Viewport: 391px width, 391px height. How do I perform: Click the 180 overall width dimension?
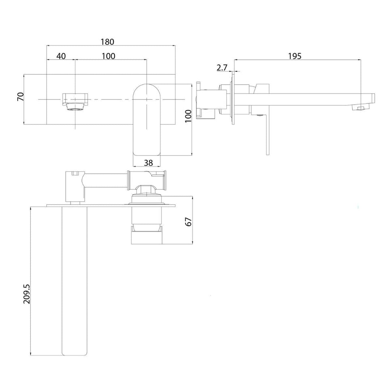[x=107, y=42]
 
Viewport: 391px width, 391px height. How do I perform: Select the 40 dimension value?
[x=61, y=56]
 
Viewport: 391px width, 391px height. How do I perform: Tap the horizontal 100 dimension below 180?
[x=109, y=56]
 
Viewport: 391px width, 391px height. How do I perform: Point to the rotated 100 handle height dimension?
[x=188, y=116]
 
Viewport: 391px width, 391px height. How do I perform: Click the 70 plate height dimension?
[x=21, y=97]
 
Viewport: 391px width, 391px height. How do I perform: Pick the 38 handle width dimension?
[x=148, y=163]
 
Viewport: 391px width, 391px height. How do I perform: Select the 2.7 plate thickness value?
[x=222, y=67]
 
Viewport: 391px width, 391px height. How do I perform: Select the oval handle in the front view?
[x=147, y=119]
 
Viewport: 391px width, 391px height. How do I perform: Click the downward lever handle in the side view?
[x=267, y=134]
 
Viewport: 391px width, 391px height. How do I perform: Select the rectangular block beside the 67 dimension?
[x=146, y=237]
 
